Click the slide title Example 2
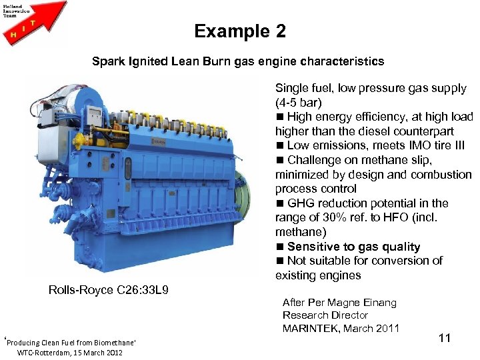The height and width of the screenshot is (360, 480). point(239,31)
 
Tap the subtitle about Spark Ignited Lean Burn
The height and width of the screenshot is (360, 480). point(238,61)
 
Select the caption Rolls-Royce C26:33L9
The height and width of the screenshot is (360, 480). point(109,290)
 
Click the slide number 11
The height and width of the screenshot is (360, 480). point(445,338)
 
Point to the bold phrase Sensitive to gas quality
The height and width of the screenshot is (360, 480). point(353,247)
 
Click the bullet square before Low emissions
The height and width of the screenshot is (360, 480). point(280,146)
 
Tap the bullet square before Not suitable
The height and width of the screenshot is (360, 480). point(280,261)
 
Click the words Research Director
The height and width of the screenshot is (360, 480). point(325,315)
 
